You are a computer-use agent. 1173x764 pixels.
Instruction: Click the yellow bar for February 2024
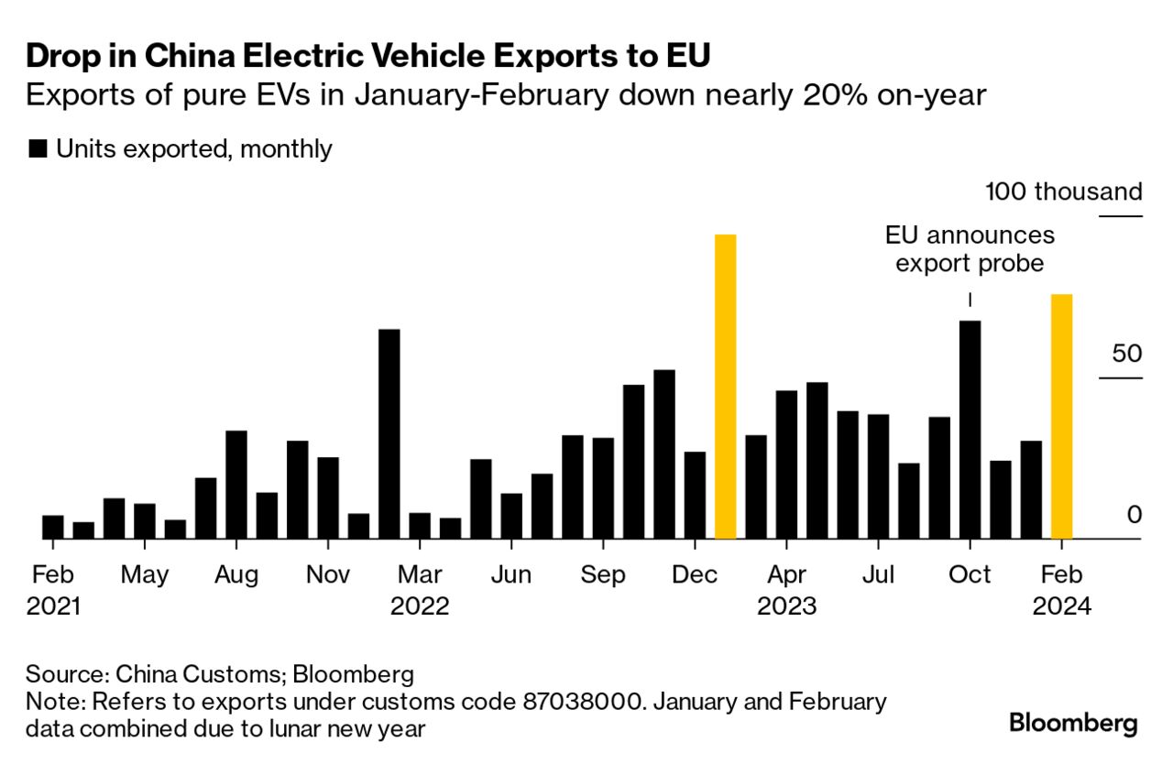pos(1061,417)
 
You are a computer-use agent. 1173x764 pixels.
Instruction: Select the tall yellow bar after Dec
pos(725,387)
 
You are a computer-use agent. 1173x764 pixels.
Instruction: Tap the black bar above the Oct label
pos(970,430)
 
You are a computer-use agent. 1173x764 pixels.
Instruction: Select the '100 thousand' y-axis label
pos(1064,192)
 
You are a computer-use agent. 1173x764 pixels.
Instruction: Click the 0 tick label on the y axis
pos(1135,514)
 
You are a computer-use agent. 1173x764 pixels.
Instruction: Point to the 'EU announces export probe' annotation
pos(970,249)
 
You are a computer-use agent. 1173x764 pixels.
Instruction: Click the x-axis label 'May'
pos(145,574)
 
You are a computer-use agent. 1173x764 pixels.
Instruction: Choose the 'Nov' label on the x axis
pos(328,574)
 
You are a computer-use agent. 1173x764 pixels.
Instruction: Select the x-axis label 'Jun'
pos(510,574)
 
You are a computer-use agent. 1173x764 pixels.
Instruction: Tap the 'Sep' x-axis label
pos(603,574)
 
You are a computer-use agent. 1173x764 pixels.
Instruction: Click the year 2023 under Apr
pos(786,606)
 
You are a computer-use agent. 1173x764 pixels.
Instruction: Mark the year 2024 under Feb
pos(1061,606)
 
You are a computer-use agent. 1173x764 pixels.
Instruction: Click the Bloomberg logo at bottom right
pos(1073,723)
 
